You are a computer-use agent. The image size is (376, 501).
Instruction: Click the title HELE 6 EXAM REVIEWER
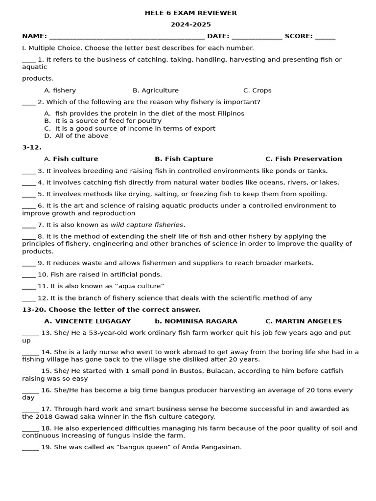pos(190,13)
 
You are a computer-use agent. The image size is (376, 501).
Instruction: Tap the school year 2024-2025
pos(190,24)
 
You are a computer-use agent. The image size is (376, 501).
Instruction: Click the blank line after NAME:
pos(127,37)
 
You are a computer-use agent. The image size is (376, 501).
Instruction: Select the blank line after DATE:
pos(257,37)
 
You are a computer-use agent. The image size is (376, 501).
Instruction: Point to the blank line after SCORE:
pos(326,37)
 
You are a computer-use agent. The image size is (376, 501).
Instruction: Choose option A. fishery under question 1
pos(60,91)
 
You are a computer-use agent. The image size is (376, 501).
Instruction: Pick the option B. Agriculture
pos(156,91)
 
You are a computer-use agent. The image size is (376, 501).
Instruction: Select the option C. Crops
pos(257,91)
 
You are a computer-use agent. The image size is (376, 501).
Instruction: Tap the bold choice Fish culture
pos(75,159)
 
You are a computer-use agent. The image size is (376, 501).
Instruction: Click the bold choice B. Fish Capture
pos(184,159)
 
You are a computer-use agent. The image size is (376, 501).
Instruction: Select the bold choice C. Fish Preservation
pos(304,159)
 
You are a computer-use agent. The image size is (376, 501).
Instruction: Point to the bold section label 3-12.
pos(32,147)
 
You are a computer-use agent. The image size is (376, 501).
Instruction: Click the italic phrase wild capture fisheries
pos(147,225)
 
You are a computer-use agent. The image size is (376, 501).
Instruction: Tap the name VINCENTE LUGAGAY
pos(93,321)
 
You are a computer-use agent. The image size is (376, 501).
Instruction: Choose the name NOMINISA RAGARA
pos(201,321)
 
